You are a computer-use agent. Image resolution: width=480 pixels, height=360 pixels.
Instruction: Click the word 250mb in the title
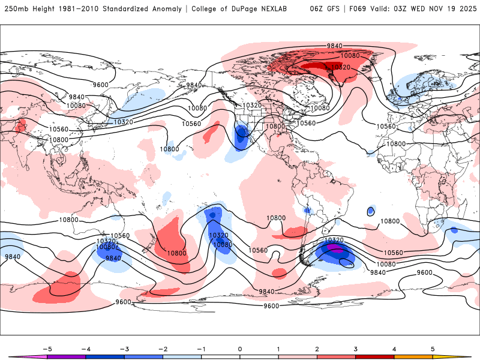coord(16,9)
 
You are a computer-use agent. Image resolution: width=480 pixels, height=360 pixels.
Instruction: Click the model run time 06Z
coord(317,9)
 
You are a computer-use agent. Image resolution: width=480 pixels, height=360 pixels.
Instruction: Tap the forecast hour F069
coord(360,9)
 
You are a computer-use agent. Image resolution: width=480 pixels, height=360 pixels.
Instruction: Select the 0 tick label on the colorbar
coord(240,349)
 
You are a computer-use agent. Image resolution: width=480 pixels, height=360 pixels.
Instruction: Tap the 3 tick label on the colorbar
coord(356,349)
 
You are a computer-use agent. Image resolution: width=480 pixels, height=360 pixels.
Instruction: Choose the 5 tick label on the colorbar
coord(433,349)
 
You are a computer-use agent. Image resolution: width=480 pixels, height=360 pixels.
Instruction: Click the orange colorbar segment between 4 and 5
coord(413,356)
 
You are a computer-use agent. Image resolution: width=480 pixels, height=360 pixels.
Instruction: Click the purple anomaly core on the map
coord(337,249)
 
